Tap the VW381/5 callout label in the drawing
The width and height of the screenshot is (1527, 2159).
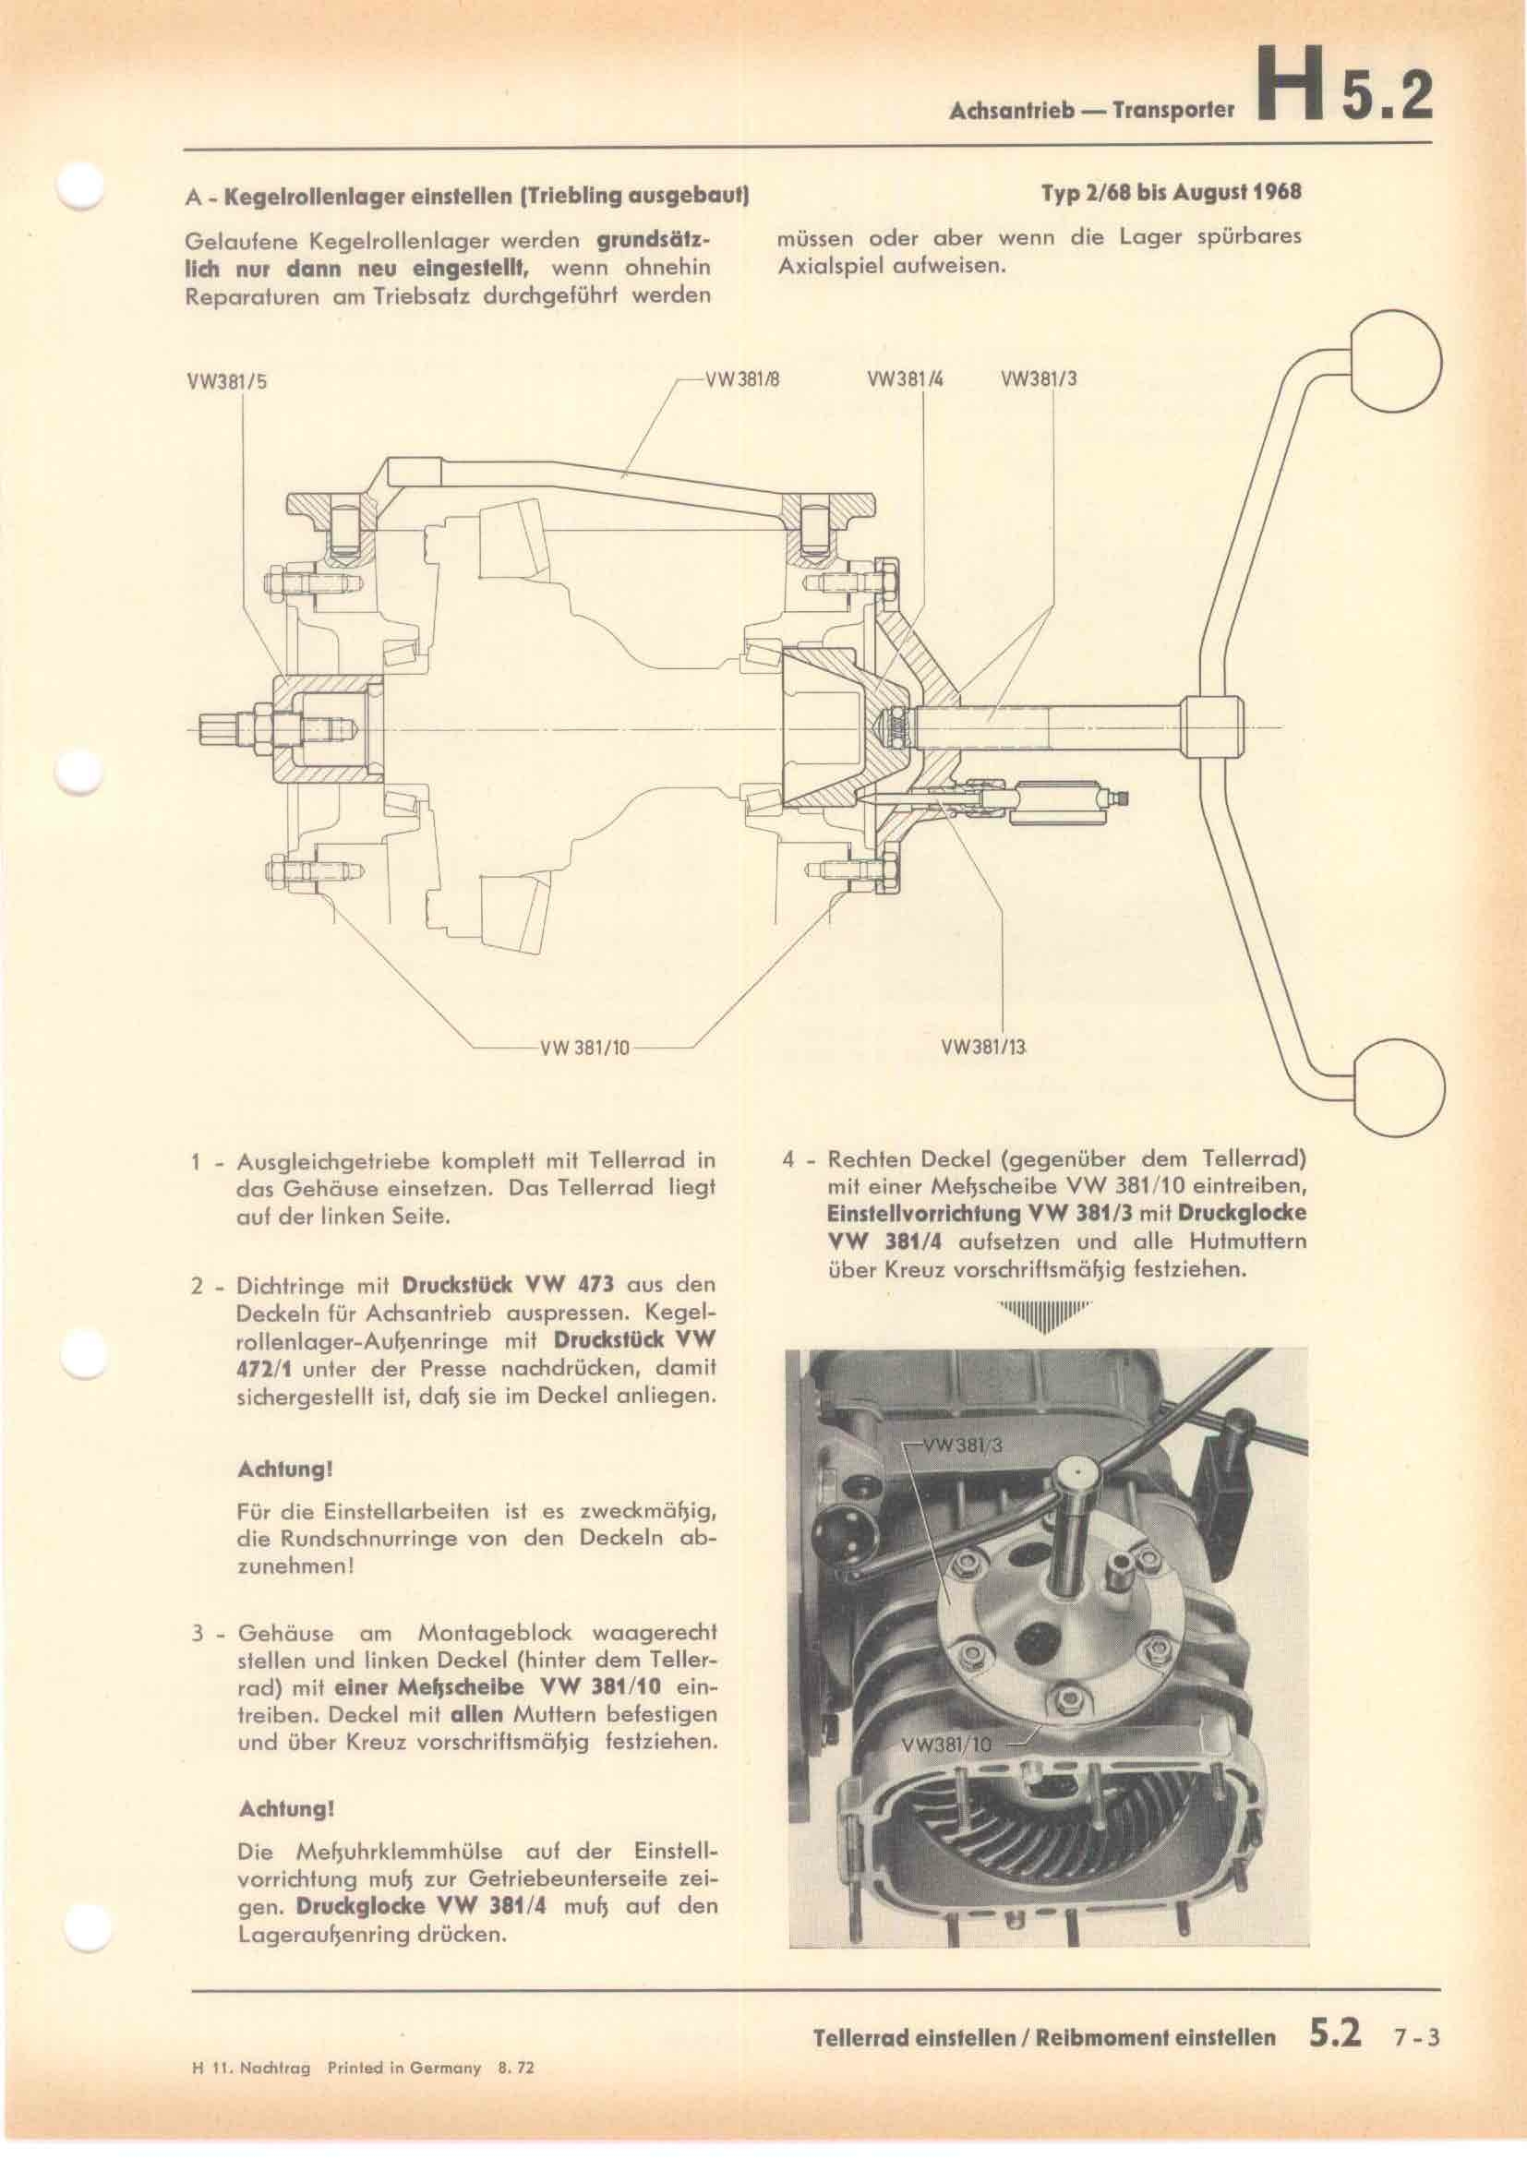226,383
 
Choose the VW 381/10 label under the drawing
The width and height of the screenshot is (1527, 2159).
583,1048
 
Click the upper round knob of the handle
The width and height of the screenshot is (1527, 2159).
1398,366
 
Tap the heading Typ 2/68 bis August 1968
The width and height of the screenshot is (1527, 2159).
1171,193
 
